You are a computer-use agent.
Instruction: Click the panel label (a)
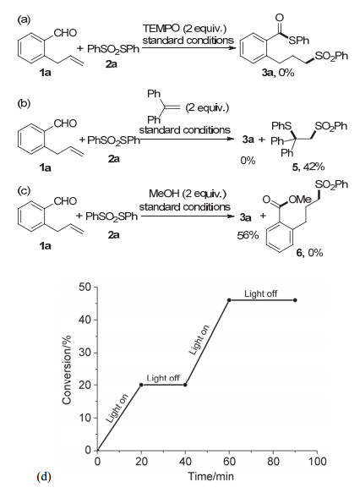(x=24, y=19)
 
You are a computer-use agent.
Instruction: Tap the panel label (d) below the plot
(x=44, y=477)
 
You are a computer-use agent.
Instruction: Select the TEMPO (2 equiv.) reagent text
(x=185, y=28)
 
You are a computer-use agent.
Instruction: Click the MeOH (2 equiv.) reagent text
(x=188, y=194)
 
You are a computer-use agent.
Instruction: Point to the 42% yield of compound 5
(x=314, y=167)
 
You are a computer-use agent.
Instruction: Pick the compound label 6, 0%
(x=309, y=253)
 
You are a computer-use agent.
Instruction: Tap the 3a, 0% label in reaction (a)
(x=278, y=73)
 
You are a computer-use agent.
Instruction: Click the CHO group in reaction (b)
(x=65, y=123)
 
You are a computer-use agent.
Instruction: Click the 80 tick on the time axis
(x=273, y=461)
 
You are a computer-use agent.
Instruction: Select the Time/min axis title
(x=210, y=476)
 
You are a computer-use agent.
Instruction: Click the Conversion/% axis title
(x=67, y=370)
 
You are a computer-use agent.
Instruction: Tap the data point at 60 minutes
(x=229, y=300)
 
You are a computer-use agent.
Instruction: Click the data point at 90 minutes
(x=295, y=300)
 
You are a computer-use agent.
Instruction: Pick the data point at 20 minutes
(x=141, y=385)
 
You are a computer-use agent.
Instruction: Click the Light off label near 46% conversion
(x=261, y=293)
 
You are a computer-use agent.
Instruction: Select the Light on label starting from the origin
(x=117, y=408)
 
